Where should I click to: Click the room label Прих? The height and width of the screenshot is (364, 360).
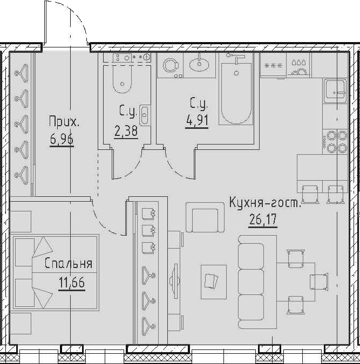(x=64, y=122)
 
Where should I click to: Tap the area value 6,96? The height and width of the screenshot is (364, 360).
(x=62, y=140)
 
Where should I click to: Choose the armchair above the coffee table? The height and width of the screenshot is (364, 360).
(x=204, y=217)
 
